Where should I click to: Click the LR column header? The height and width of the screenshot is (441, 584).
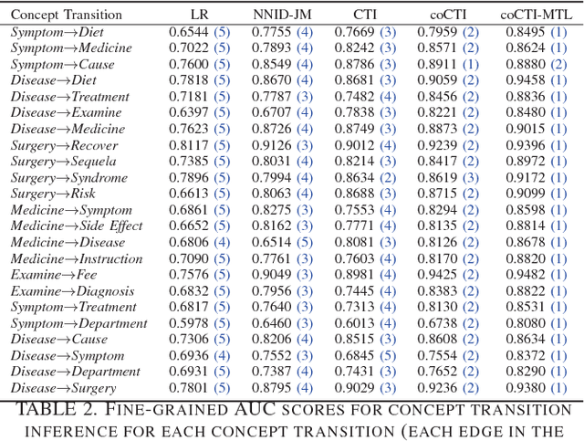click(199, 15)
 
